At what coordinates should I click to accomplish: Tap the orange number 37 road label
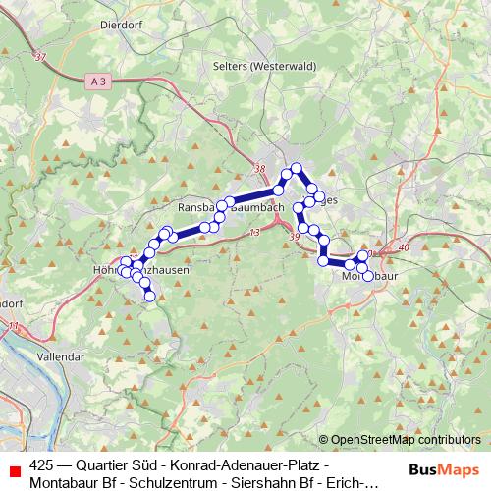(x=39, y=58)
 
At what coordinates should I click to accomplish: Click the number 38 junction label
(x=260, y=170)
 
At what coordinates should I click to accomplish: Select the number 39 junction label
(x=295, y=237)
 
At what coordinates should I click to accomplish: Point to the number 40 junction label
(x=404, y=247)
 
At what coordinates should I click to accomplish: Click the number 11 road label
(x=13, y=325)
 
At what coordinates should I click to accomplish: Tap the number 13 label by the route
(x=254, y=232)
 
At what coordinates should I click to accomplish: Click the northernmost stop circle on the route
(x=295, y=168)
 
